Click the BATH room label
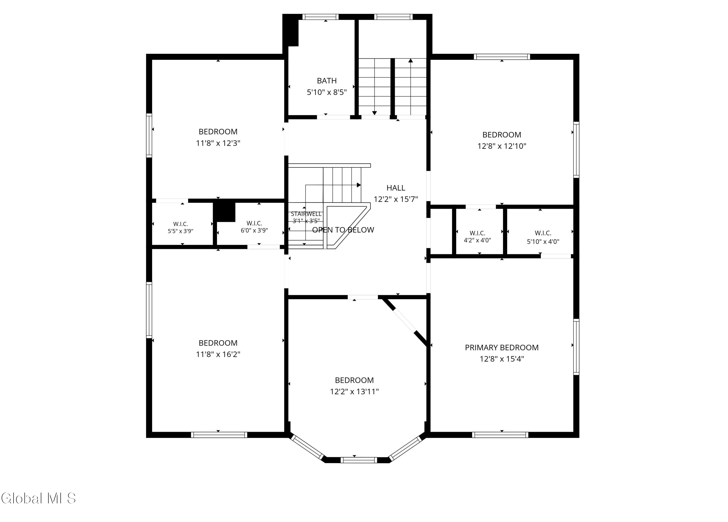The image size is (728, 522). click(327, 81)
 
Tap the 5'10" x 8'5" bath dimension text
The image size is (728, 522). click(327, 92)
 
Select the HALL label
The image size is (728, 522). click(396, 188)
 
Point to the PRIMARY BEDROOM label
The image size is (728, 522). click(502, 347)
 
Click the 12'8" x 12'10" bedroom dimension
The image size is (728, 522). click(502, 146)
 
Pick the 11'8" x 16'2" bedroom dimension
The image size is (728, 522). click(218, 354)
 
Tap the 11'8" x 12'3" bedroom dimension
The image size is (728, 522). click(218, 143)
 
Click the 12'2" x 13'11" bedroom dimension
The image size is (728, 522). click(354, 391)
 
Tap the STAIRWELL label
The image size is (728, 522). click(306, 214)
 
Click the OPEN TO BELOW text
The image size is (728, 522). click(343, 230)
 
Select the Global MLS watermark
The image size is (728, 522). click(39, 498)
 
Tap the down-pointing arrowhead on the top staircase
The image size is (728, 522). click(374, 113)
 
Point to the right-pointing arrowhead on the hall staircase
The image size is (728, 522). click(359, 185)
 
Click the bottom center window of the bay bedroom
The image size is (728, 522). click(359, 460)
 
